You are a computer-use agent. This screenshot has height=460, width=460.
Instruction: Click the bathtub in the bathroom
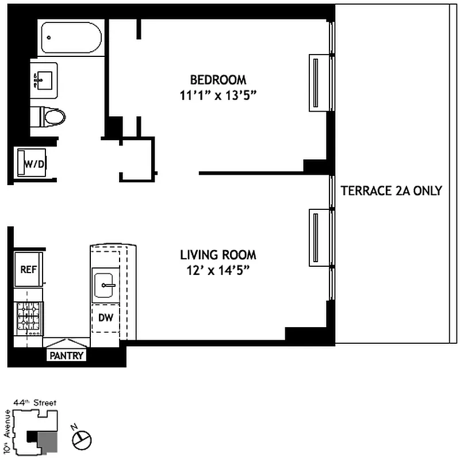(x=72, y=38)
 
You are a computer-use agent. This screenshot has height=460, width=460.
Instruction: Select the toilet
(x=49, y=117)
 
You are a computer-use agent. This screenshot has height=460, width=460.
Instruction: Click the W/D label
(x=34, y=164)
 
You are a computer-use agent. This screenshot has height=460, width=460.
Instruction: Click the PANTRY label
(x=67, y=356)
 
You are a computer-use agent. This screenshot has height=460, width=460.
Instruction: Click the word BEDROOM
(x=218, y=79)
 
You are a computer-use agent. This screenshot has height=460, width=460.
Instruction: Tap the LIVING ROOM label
(x=218, y=255)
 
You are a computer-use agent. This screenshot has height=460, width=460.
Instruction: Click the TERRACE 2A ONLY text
(x=391, y=190)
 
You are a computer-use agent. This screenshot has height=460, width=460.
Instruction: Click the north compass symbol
(x=81, y=439)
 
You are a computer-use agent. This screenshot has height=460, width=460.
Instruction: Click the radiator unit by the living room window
(x=315, y=238)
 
